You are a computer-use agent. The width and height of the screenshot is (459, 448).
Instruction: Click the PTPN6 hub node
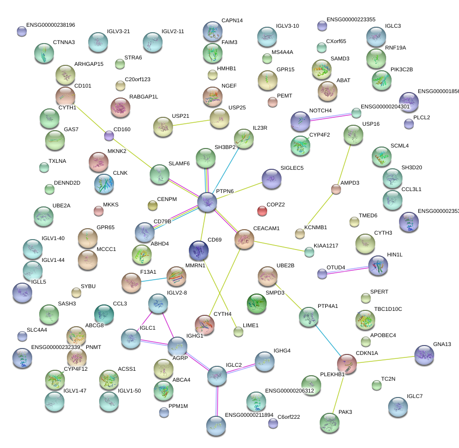pyautogui.click(x=207, y=202)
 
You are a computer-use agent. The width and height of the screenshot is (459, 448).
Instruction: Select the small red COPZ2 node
pyautogui.click(x=262, y=211)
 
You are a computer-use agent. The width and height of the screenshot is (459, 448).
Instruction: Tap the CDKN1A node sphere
pyautogui.click(x=347, y=364)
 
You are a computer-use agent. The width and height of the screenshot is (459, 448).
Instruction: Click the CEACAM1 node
pyautogui.click(x=244, y=239)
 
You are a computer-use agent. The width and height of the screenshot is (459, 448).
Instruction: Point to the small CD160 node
pyautogui.click(x=109, y=135)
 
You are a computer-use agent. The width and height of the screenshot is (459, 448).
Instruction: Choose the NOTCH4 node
pyautogui.click(x=300, y=121)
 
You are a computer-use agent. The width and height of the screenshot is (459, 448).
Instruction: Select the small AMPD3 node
pyautogui.click(x=336, y=189)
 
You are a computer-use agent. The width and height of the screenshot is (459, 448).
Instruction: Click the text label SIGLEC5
pyautogui.click(x=292, y=168)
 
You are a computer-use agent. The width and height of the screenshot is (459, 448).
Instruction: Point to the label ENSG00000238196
pyautogui.click(x=51, y=25)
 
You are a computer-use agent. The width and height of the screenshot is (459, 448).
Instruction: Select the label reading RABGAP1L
pyautogui.click(x=144, y=97)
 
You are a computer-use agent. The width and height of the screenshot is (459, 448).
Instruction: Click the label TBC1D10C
pyautogui.click(x=388, y=309)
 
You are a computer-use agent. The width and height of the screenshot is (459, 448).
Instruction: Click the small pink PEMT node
pyautogui.click(x=272, y=102)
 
